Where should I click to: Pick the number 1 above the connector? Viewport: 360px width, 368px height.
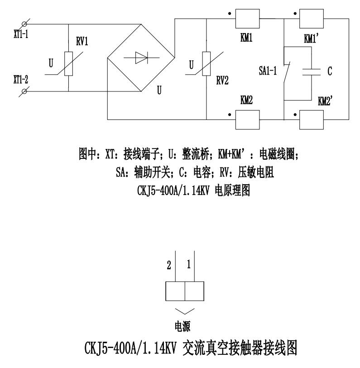click(x=188, y=264)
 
